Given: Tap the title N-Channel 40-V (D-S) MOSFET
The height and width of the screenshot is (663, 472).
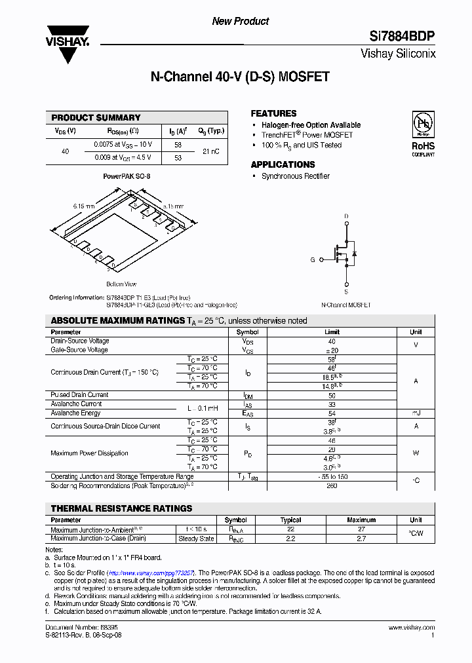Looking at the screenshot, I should pyautogui.click(x=240, y=77).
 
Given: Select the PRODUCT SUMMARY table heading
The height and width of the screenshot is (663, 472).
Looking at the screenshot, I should pyautogui.click(x=96, y=118).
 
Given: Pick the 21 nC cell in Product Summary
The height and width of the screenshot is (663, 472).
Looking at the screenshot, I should pyautogui.click(x=211, y=151).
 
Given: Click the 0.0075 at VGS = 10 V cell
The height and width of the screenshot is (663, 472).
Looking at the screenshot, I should pyautogui.click(x=123, y=145).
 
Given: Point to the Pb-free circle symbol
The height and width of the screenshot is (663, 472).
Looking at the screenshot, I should pyautogui.click(x=423, y=123).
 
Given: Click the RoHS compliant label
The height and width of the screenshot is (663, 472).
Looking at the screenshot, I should pyautogui.click(x=423, y=148).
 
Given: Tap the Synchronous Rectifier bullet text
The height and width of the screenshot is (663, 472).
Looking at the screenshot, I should pyautogui.click(x=295, y=176).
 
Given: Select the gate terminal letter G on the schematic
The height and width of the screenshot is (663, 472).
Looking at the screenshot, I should pyautogui.click(x=313, y=259).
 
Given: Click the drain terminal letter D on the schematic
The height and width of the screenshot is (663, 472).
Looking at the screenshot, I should pyautogui.click(x=346, y=216).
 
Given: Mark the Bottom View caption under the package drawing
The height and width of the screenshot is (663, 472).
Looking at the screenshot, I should pyautogui.click(x=121, y=284).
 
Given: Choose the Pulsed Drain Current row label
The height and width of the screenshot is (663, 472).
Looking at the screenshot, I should pyautogui.click(x=79, y=395).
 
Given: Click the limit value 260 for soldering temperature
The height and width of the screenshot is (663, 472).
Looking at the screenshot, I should pyautogui.click(x=332, y=485).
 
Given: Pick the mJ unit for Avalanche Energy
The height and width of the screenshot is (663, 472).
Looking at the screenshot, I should pyautogui.click(x=416, y=413).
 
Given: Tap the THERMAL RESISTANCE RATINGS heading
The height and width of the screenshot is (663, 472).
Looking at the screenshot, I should pyautogui.click(x=121, y=508).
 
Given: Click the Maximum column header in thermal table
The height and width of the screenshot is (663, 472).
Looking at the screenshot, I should pyautogui.click(x=361, y=520).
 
